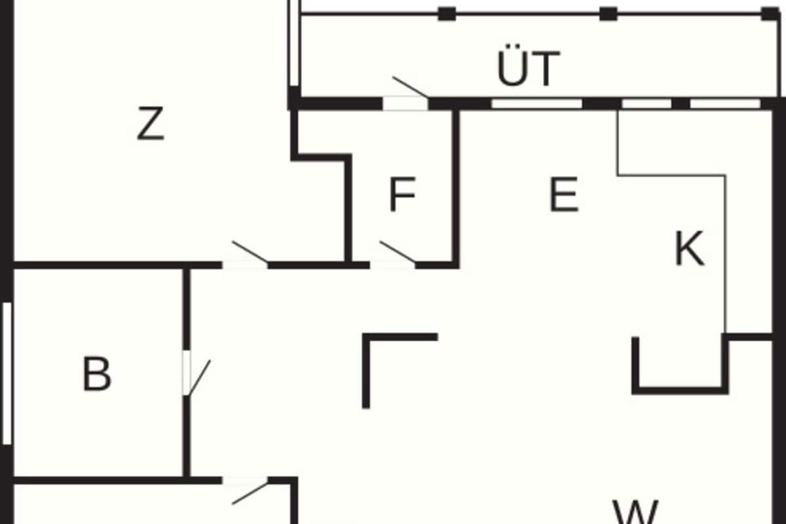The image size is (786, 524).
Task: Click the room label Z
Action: pos(151,123)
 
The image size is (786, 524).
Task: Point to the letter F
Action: pos(402,194)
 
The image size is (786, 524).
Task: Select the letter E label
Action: pos(564,194)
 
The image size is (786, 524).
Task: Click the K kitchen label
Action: pos(689,248)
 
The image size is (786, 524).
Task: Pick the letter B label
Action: pos(96,373)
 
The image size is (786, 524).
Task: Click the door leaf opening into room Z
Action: pos(250,252)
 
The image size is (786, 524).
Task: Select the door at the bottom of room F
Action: pos(397,252)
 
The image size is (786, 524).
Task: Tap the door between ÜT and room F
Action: pos(410,86)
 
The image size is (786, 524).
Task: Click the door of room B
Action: pos(200,377)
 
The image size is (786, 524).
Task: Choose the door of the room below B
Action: pos(250,494)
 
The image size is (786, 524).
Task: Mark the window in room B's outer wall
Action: pos(7,373)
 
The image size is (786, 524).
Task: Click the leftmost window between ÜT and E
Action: pos(537,104)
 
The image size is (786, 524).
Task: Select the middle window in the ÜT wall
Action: pos(646,104)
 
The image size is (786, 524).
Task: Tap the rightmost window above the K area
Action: pos(725,104)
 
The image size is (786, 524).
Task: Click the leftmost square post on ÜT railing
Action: pos(447,14)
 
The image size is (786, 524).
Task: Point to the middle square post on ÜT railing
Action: pos(608,14)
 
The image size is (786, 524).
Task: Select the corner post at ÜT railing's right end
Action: pos(770,14)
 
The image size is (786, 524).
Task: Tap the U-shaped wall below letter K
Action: pos(680,391)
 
